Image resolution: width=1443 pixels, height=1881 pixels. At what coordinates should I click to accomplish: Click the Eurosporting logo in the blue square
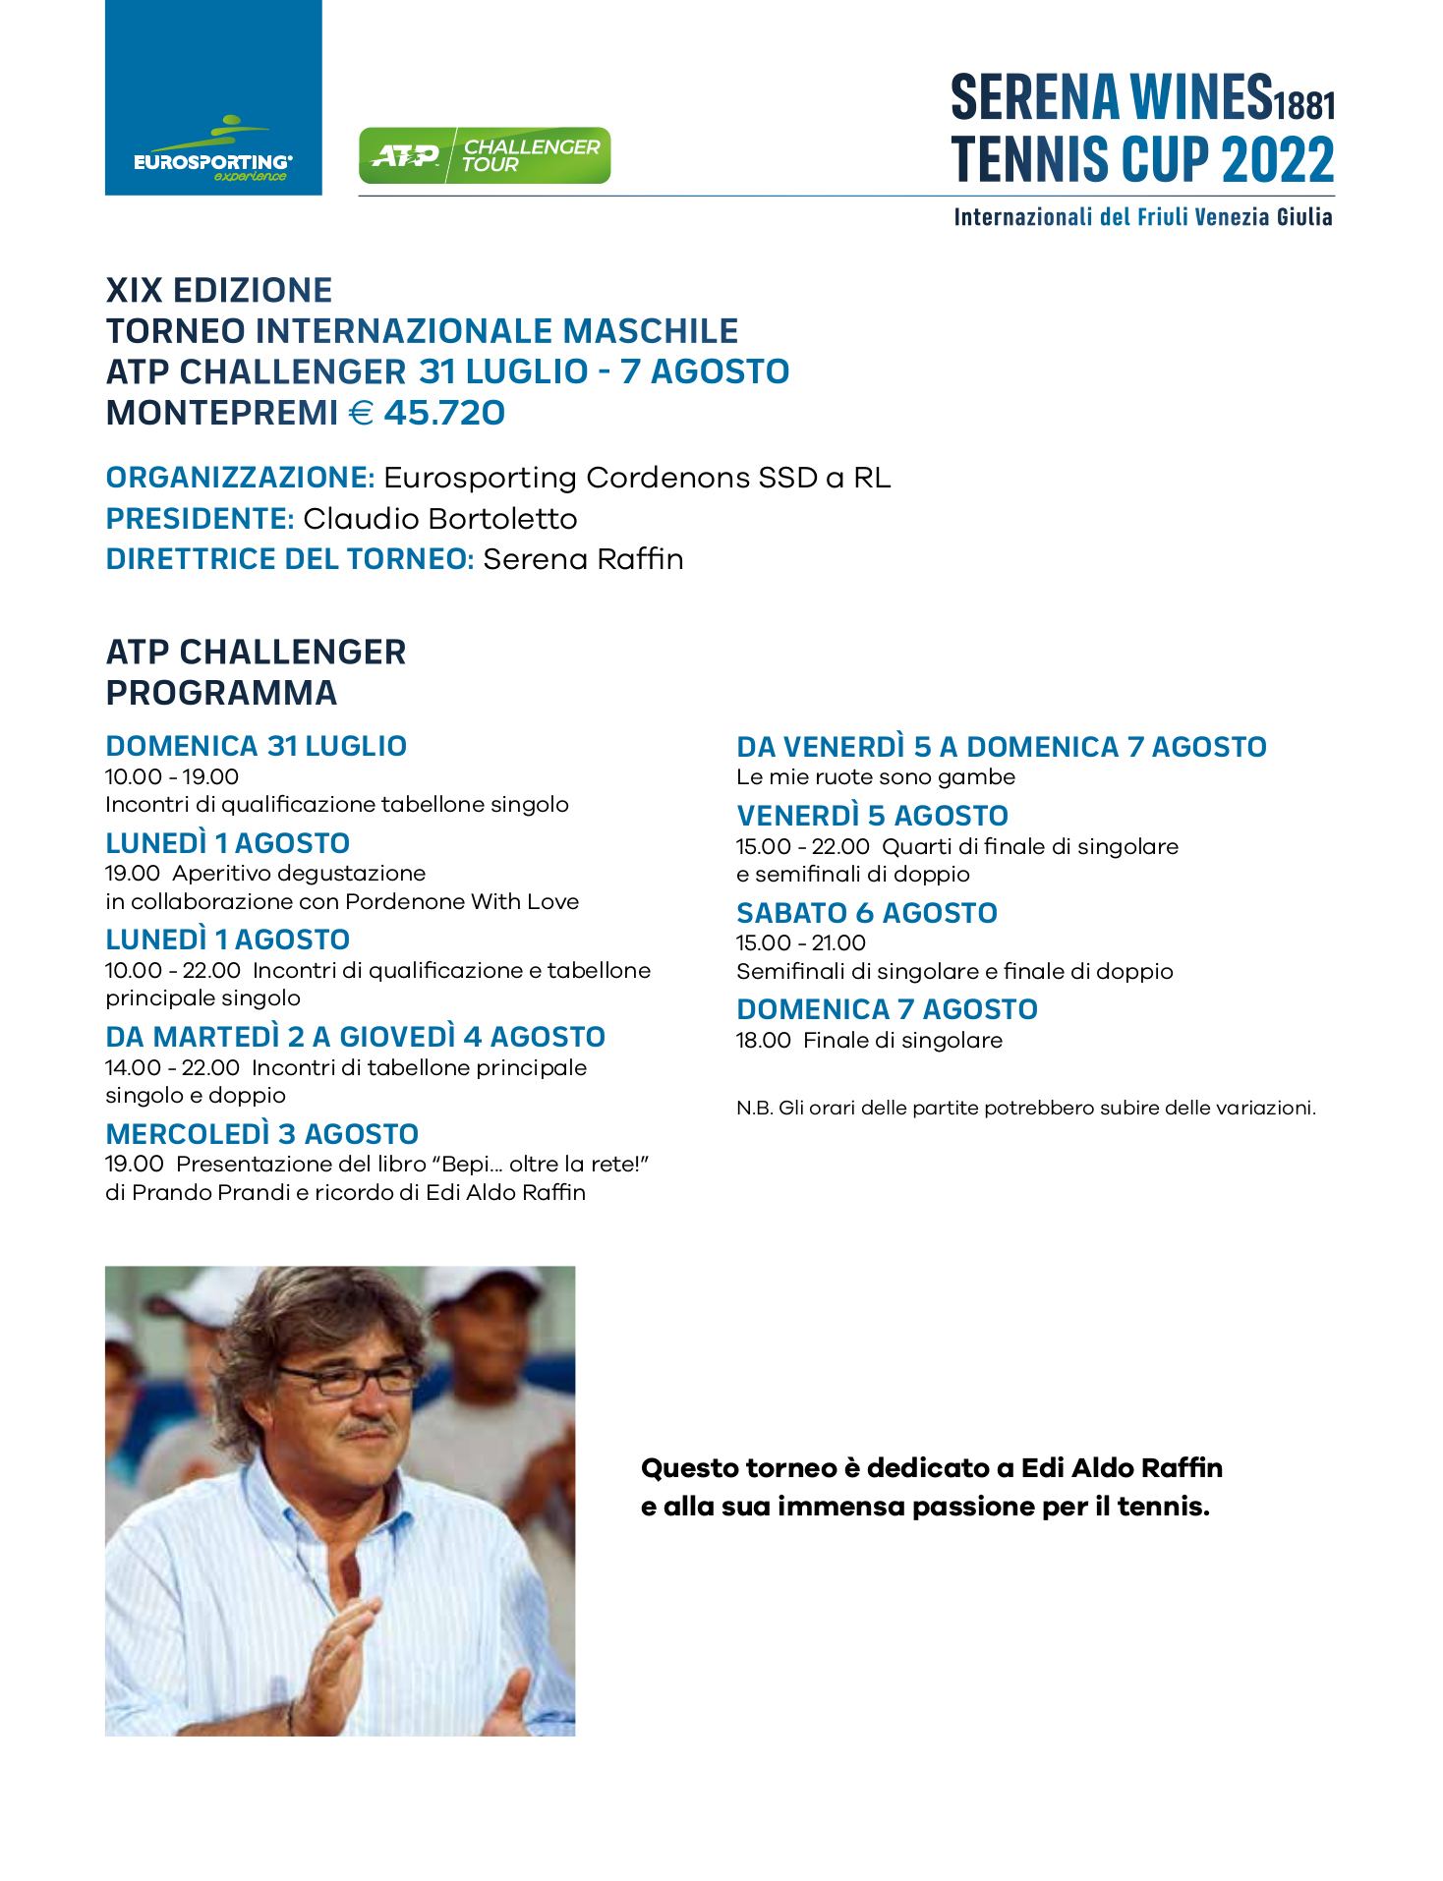coord(213,152)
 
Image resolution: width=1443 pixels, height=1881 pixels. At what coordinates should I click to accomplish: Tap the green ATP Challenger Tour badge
coord(485,155)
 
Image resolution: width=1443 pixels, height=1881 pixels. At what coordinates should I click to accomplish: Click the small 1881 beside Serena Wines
coord(1304,104)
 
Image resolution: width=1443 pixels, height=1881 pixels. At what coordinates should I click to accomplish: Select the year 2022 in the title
coord(1278,160)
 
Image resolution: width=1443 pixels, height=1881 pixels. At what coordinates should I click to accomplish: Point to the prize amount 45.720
coord(444,413)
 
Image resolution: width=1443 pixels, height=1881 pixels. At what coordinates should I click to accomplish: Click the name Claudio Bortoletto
coord(439,518)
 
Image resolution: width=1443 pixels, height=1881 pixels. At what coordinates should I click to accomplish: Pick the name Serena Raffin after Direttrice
coord(583,559)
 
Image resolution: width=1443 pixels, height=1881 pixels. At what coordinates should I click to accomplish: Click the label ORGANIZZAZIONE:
coord(240,478)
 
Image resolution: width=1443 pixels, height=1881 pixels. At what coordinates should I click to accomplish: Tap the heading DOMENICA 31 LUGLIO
coord(256,746)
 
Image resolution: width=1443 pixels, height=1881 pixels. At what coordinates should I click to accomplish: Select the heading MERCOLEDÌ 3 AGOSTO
coord(261,1134)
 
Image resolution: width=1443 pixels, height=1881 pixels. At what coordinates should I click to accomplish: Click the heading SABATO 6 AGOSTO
coord(866,913)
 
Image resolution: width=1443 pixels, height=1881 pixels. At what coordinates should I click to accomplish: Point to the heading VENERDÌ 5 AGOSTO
coord(872,816)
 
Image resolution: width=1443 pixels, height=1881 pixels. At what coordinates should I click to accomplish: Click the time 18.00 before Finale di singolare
coord(763,1041)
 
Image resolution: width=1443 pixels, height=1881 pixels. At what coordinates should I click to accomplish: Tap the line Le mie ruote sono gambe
coord(875,777)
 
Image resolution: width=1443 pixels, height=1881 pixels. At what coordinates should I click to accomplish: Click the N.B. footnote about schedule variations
coord(1025,1109)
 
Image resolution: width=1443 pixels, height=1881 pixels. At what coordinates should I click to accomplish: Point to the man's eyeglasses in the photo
coord(349,1380)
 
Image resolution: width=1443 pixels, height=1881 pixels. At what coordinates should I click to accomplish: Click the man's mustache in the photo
coord(369,1426)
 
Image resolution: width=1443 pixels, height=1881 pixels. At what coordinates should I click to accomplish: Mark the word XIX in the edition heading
coord(134,291)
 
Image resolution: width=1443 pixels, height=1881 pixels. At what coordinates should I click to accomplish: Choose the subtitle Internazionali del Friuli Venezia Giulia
coord(1142,217)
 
